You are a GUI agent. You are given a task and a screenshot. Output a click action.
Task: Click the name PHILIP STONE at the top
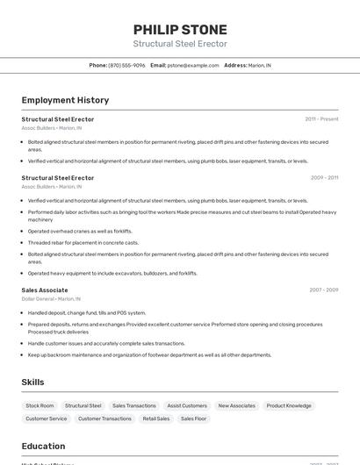point(180,29)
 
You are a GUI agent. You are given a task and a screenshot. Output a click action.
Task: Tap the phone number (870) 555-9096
point(126,65)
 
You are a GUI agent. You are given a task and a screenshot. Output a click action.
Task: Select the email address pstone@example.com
point(193,65)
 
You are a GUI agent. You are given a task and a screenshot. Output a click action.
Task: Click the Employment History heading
point(65,100)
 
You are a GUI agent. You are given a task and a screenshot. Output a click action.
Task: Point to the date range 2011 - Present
point(321,118)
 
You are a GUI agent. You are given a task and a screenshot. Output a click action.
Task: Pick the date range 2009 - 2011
point(324,177)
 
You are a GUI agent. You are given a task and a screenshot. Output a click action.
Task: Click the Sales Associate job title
point(45,290)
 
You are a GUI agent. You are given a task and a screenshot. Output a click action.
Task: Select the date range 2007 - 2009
point(323,290)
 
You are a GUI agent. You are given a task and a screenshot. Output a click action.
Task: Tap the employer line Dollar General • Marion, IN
point(51,298)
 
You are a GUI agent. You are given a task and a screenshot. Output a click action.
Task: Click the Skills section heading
point(32,382)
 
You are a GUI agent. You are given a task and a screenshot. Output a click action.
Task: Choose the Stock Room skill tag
point(40,405)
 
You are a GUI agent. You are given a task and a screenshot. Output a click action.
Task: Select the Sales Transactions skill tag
point(133,405)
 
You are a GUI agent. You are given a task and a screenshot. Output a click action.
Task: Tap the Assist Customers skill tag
point(187,405)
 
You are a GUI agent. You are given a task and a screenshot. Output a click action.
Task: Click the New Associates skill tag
point(236,405)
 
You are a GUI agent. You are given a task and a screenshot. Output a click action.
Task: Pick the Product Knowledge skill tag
point(289,405)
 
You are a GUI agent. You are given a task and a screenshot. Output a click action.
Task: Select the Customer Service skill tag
point(46,418)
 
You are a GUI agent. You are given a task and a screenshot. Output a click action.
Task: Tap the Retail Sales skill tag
point(155,418)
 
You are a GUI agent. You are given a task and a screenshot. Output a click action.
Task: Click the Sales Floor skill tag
point(194,418)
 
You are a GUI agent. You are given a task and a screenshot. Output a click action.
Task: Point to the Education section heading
point(43,446)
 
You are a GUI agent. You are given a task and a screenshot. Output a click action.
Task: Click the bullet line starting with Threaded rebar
point(83,242)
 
